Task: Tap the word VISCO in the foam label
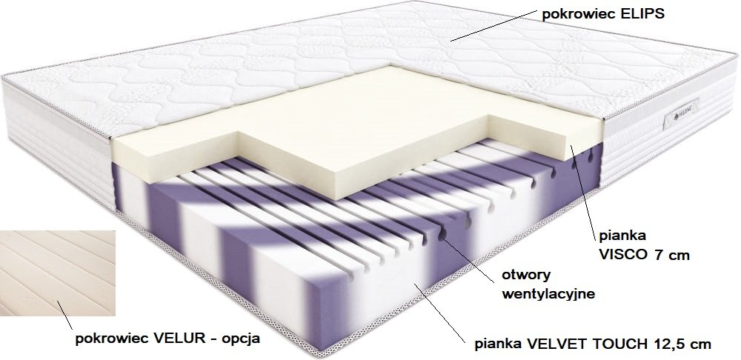[624, 256]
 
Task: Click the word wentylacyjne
[548, 293]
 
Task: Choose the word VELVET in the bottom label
[554, 344]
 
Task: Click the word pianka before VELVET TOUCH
[500, 344]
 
